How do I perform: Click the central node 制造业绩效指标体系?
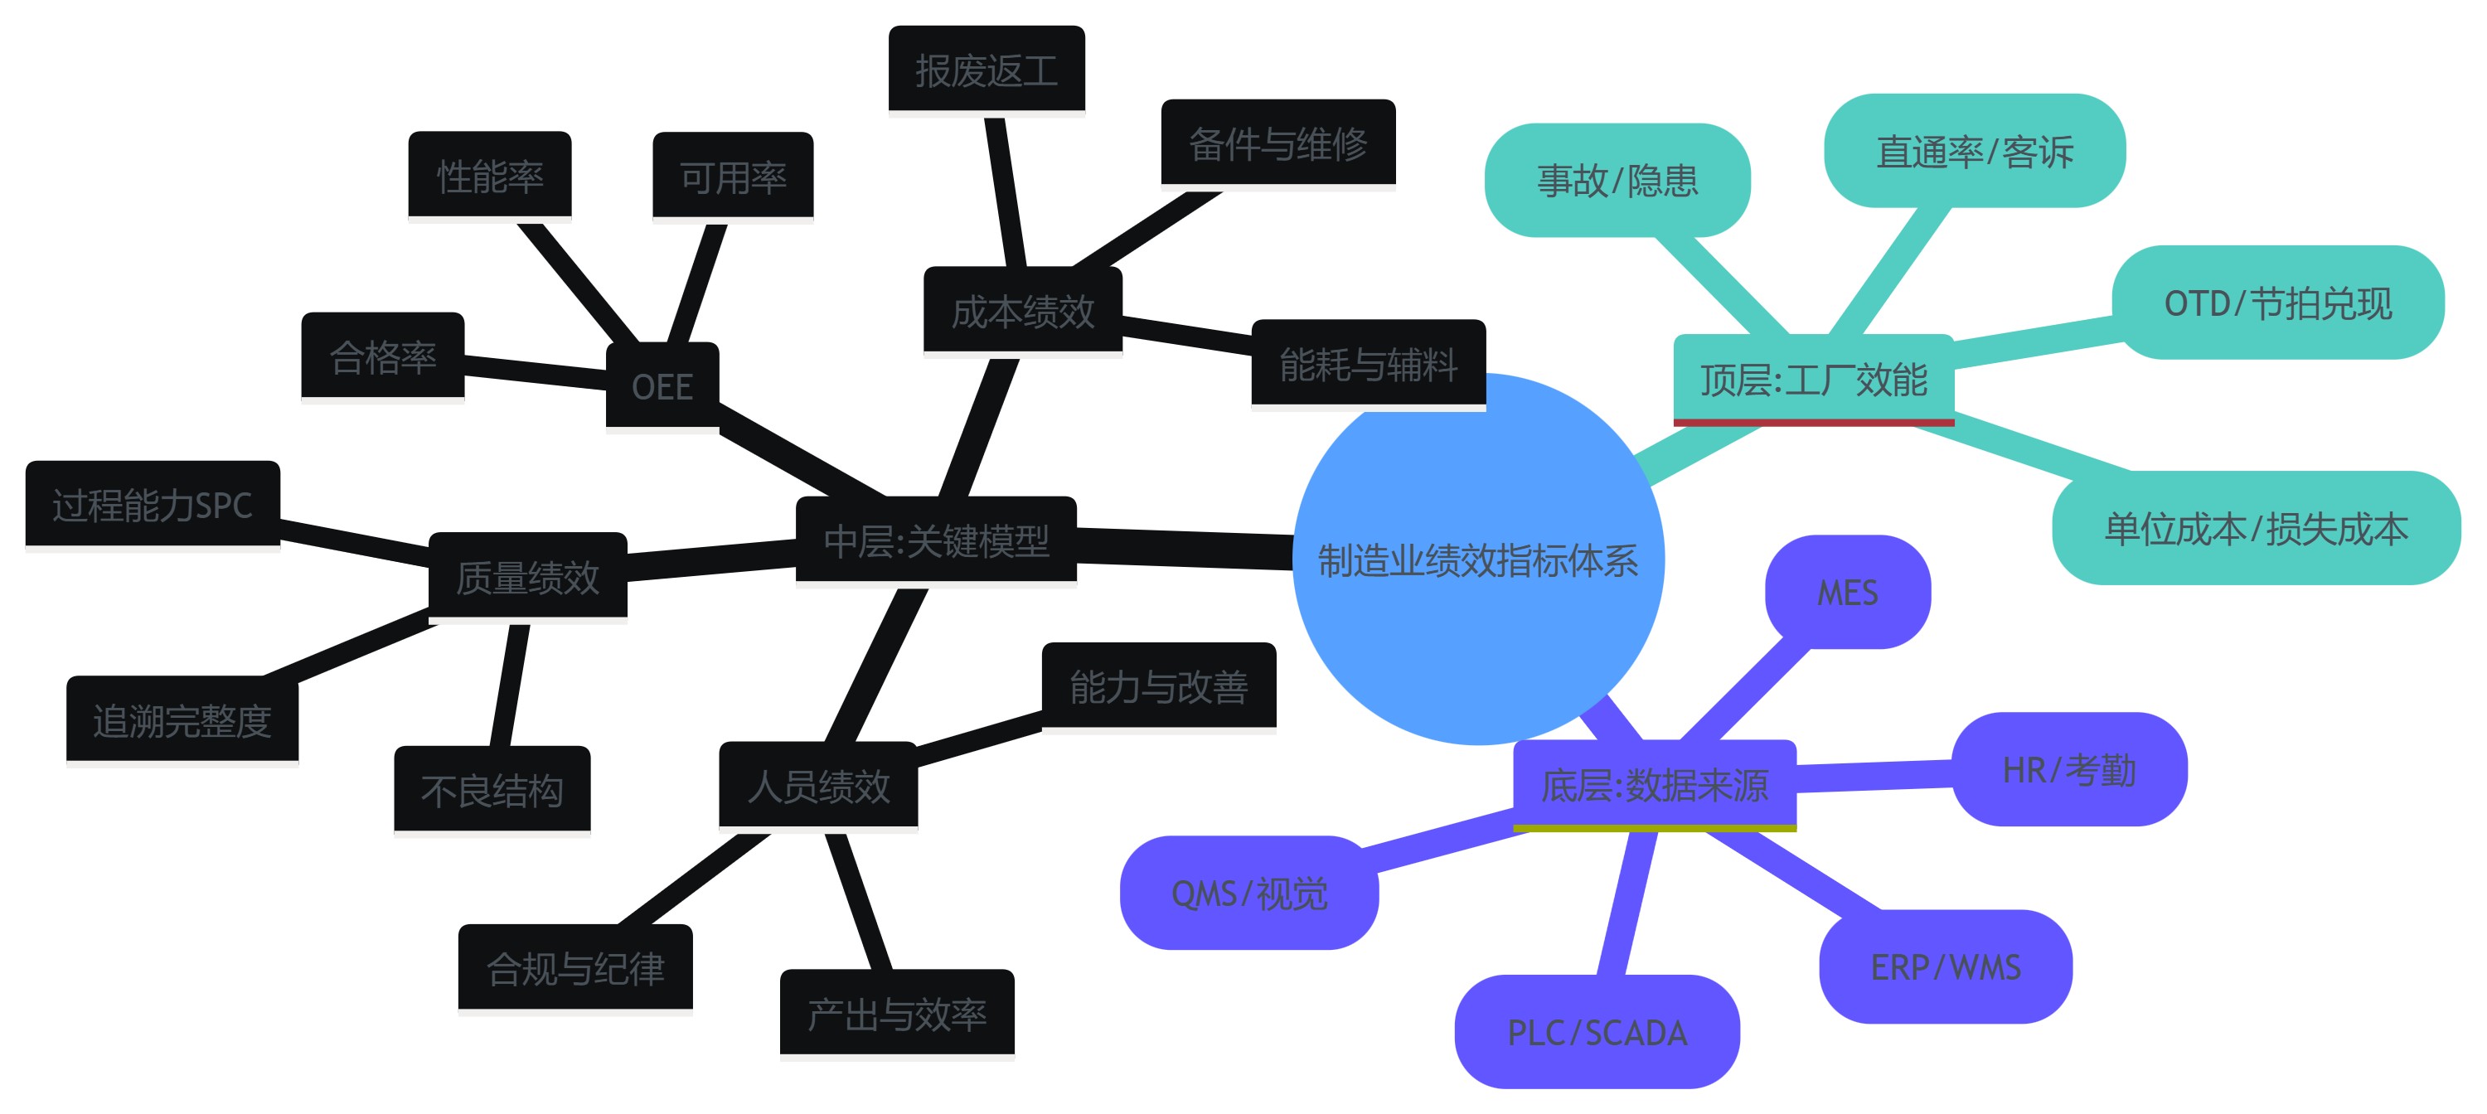[1477, 559]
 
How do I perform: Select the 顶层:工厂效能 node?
[1813, 379]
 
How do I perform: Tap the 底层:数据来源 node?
[1654, 784]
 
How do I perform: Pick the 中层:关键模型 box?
[935, 540]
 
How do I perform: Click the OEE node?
[662, 385]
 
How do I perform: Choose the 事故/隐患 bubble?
[1617, 181]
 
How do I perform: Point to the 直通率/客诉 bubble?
[1975, 152]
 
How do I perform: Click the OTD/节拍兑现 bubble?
[2277, 303]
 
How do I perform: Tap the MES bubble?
[1847, 592]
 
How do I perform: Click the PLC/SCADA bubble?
[1597, 1032]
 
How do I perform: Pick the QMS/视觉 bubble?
[1248, 893]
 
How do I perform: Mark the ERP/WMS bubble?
[1946, 966]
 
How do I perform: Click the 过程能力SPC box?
[153, 504]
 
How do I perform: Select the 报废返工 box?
[986, 70]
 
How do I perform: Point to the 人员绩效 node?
[817, 785]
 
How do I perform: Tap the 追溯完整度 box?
[182, 720]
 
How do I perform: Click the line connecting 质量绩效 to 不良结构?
[509, 685]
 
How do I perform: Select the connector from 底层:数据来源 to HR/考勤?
[1873, 776]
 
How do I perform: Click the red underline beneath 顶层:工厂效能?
[1813, 422]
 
